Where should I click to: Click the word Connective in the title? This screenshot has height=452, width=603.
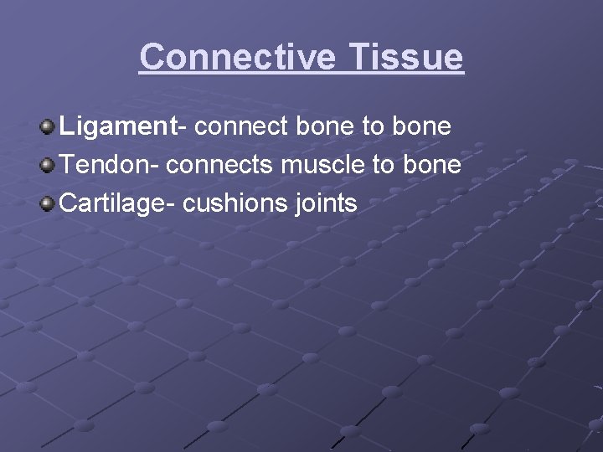click(x=238, y=57)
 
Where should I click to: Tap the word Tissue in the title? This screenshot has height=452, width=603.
click(x=405, y=57)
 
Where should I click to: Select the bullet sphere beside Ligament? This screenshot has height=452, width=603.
click(x=49, y=127)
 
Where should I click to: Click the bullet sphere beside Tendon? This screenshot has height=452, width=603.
click(x=49, y=165)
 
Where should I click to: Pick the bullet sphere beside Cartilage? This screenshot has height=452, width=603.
click(x=49, y=203)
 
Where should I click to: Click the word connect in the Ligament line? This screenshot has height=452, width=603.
click(x=244, y=127)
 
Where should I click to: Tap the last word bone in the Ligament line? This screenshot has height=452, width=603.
click(x=420, y=127)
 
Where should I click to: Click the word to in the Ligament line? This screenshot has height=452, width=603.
click(x=373, y=127)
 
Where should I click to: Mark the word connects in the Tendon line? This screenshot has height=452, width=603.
click(x=219, y=165)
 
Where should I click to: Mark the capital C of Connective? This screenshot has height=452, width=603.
click(x=152, y=57)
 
